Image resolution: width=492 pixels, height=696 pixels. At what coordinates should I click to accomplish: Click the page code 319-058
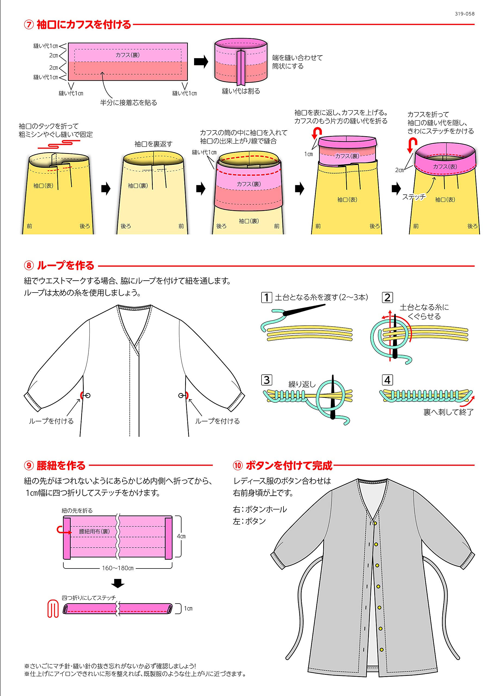[x=465, y=14]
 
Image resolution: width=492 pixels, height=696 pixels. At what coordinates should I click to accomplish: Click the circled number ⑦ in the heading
[x=29, y=24]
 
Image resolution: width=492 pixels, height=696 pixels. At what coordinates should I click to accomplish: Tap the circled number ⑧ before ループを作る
[x=29, y=266]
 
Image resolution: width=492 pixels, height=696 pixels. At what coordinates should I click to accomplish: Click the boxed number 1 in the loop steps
[x=266, y=297]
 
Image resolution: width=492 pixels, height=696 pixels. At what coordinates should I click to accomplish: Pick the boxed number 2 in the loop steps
[x=387, y=297]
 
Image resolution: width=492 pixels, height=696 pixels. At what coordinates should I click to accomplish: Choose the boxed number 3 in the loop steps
[x=266, y=380]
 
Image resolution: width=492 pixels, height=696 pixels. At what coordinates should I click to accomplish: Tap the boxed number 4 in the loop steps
[x=387, y=380]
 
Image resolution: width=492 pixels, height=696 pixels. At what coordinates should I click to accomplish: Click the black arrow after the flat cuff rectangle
[x=201, y=61]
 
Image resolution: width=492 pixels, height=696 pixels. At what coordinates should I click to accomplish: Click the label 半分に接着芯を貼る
[x=129, y=103]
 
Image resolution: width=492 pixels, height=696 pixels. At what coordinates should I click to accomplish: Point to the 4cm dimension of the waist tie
[x=181, y=536]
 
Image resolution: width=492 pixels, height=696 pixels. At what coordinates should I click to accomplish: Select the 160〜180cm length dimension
[x=118, y=568]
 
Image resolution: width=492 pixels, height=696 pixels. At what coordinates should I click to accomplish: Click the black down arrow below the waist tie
[x=118, y=583]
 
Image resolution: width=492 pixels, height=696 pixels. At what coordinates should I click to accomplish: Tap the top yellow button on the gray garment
[x=375, y=524]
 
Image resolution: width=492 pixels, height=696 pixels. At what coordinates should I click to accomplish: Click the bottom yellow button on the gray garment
[x=381, y=650]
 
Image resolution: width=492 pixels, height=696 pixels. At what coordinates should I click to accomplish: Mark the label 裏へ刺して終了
[x=448, y=412]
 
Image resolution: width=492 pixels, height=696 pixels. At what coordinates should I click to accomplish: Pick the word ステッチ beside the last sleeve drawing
[x=414, y=197]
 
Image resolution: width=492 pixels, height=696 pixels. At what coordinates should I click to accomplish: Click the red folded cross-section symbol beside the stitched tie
[x=53, y=608]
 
